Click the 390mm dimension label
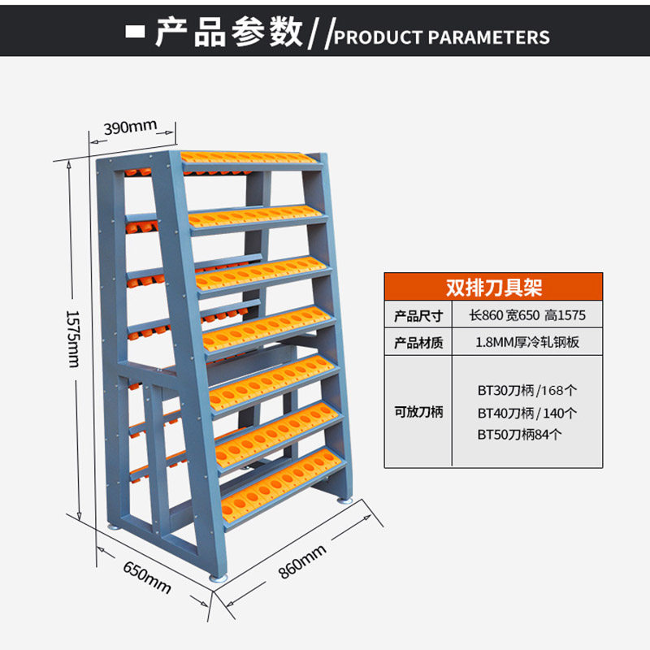coord(129,127)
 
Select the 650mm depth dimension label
coord(147,574)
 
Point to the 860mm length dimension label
coord(302,561)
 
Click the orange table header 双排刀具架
coord(493,286)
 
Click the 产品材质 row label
coord(418,343)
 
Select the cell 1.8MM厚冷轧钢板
coord(527,343)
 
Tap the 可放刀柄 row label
coord(418,412)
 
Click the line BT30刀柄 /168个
coord(526,390)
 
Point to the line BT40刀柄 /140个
coord(526,413)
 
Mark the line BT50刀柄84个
coord(520,435)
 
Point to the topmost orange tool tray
coord(248,156)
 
